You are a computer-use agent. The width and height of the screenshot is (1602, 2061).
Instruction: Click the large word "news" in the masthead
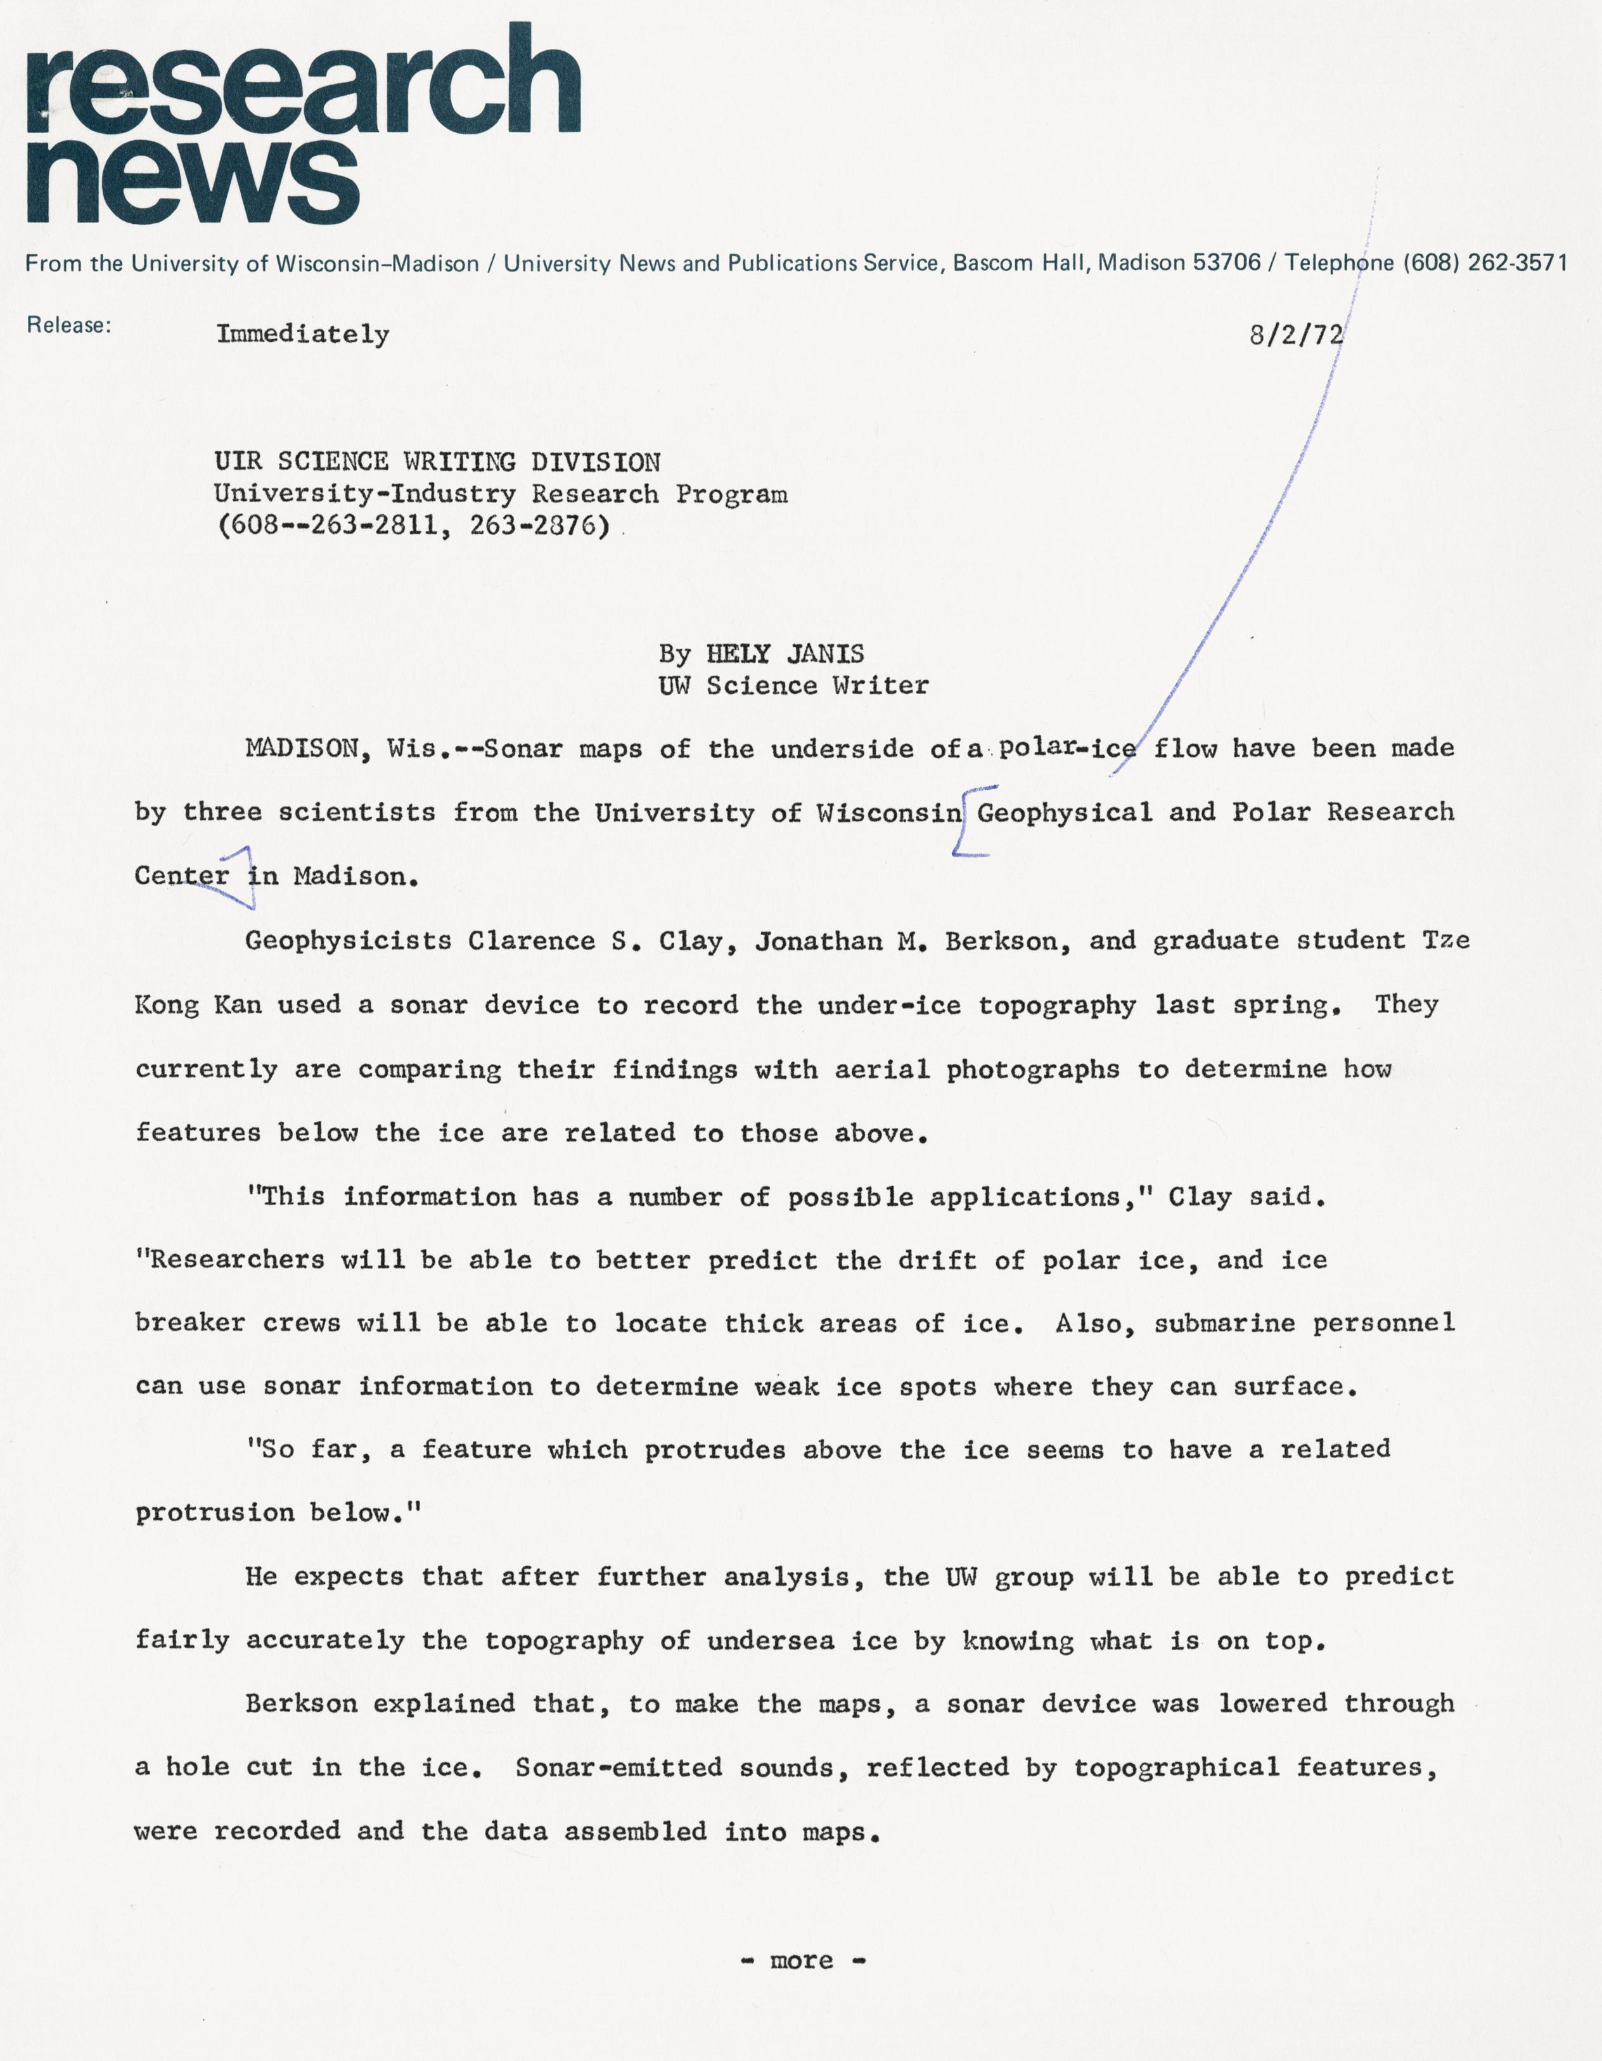(193, 179)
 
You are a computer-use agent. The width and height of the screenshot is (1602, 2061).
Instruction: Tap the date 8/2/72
(1295, 335)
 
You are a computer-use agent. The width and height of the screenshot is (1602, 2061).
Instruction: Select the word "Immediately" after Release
(303, 334)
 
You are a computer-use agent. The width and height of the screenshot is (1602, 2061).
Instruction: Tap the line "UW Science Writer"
(793, 686)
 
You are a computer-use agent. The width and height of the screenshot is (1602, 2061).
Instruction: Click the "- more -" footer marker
(802, 1961)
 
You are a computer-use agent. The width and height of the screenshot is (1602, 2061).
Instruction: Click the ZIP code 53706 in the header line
(1226, 263)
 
